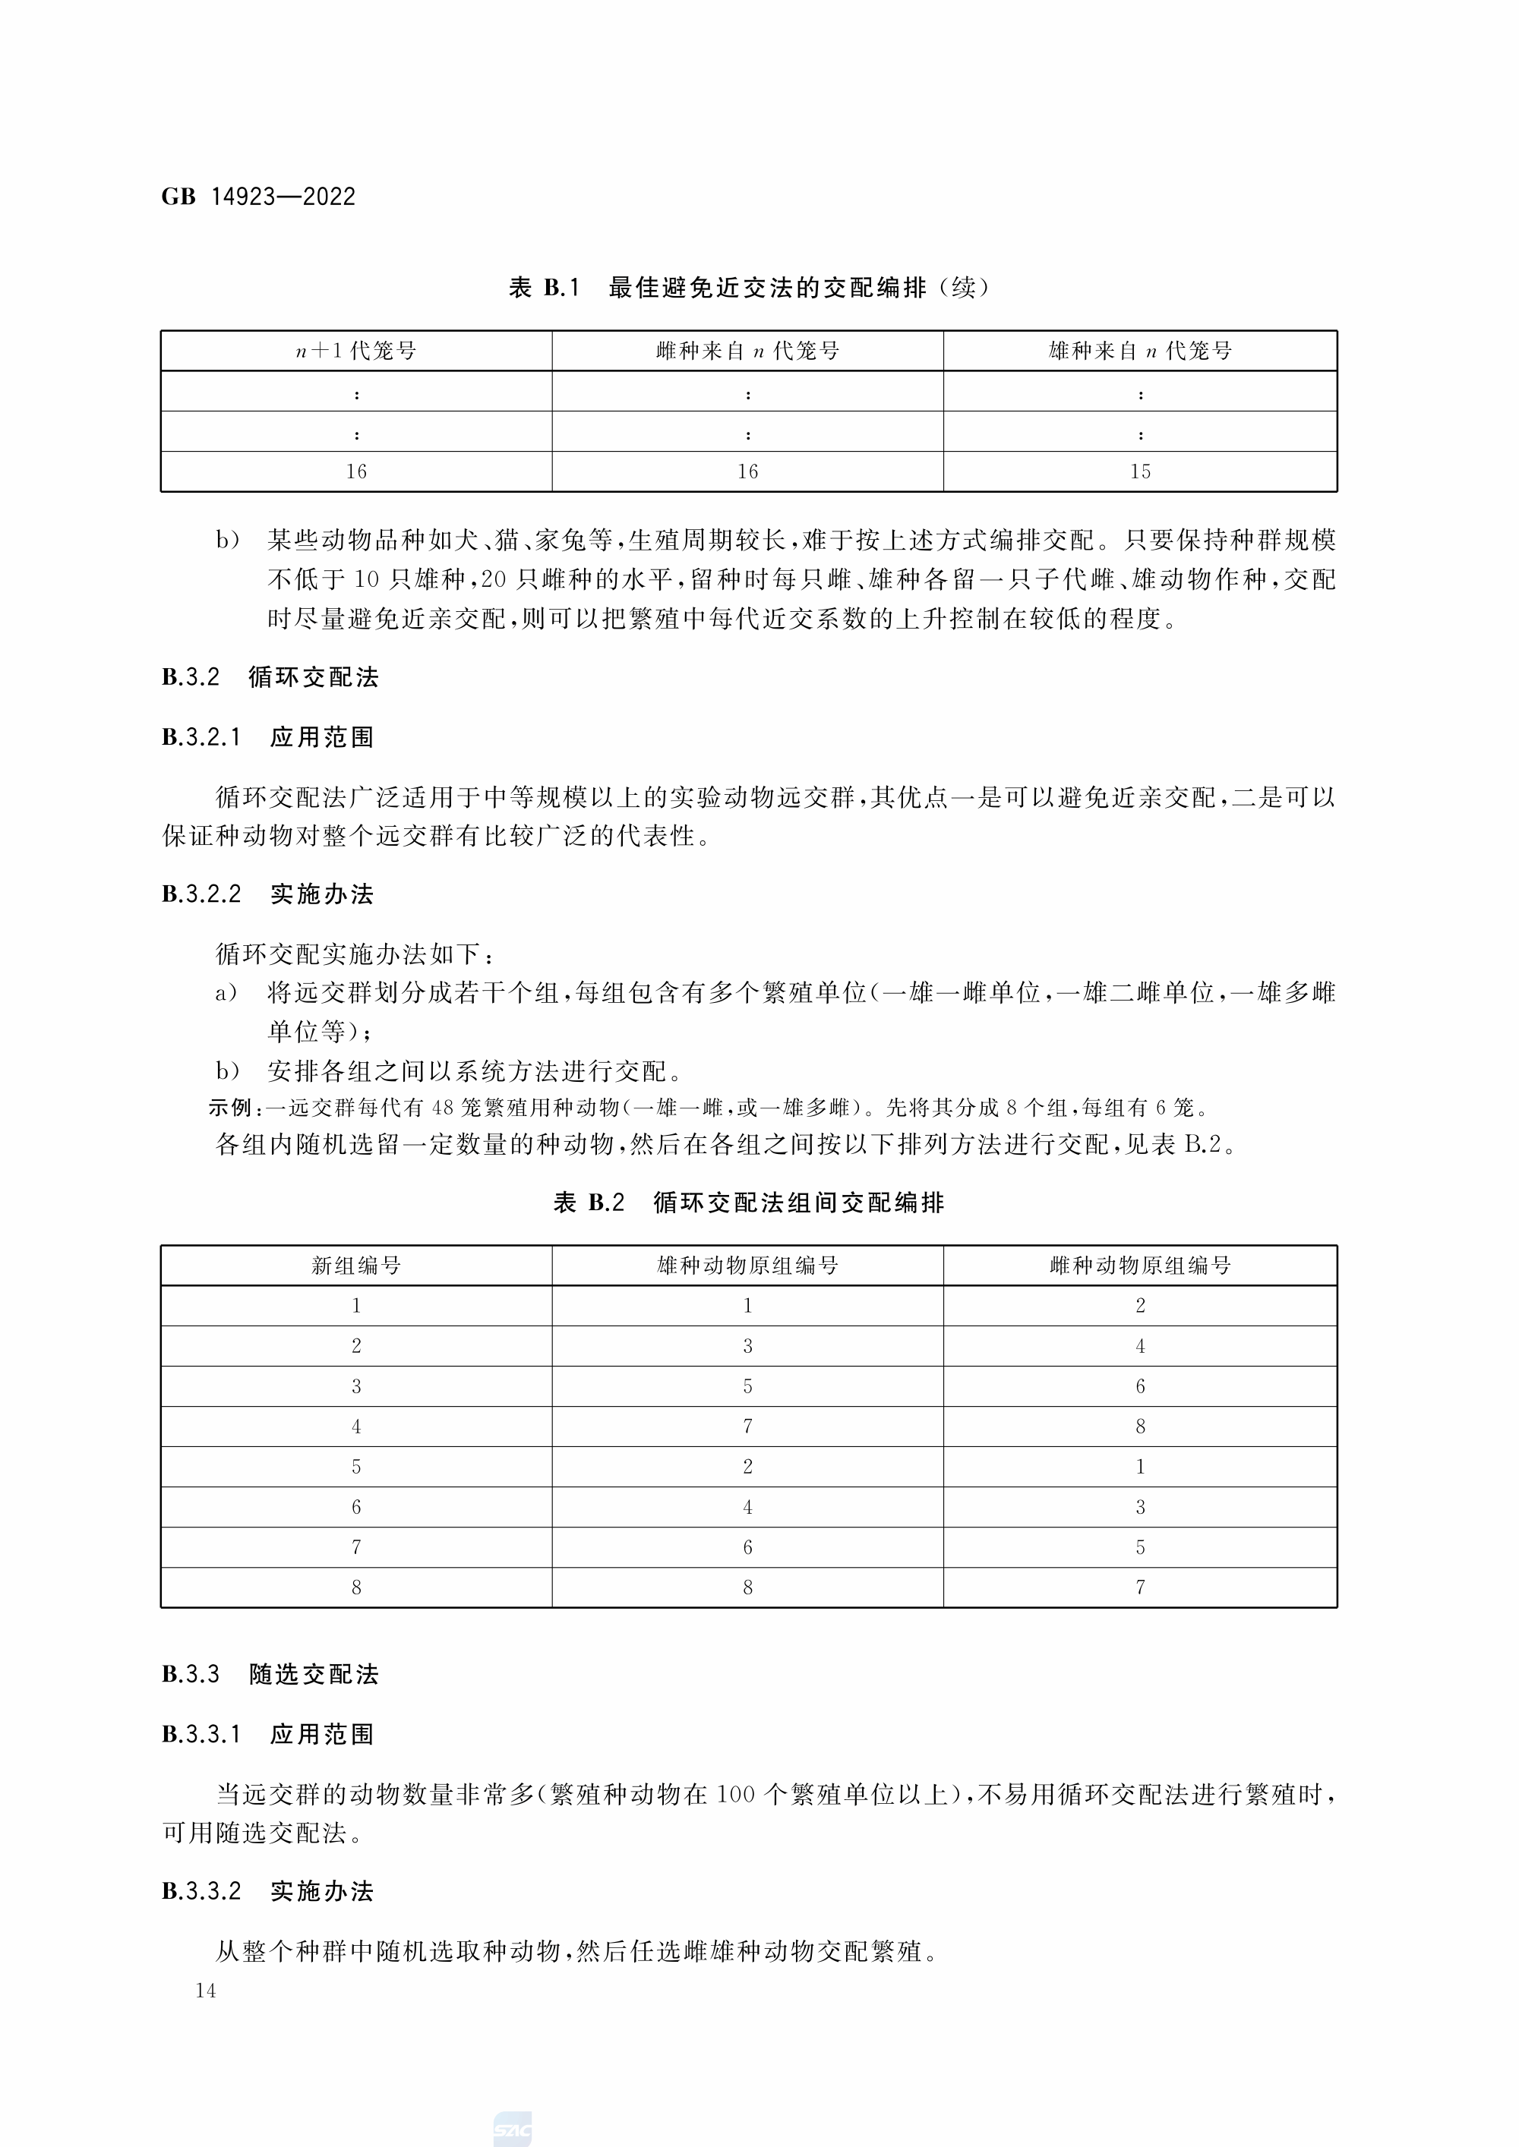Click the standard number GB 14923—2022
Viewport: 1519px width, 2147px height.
(258, 197)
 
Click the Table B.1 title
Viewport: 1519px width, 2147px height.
(748, 287)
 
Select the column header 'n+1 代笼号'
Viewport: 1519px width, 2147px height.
(356, 351)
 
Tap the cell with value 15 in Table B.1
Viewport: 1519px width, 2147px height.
(1139, 471)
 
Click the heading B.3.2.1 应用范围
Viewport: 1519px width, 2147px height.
(267, 737)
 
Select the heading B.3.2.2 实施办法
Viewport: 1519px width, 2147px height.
(267, 894)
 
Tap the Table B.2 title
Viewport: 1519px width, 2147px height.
(748, 1203)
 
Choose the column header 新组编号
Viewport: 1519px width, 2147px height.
(356, 1265)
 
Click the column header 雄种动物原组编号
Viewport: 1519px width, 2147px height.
(747, 1265)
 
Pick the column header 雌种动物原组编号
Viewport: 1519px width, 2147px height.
(1139, 1265)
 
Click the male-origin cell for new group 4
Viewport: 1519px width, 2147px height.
(747, 1426)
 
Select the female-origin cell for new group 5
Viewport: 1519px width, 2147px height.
(1139, 1466)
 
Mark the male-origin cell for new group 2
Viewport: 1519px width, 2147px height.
(747, 1345)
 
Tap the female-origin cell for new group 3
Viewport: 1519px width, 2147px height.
(1139, 1386)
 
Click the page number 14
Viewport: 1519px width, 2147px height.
(206, 1990)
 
